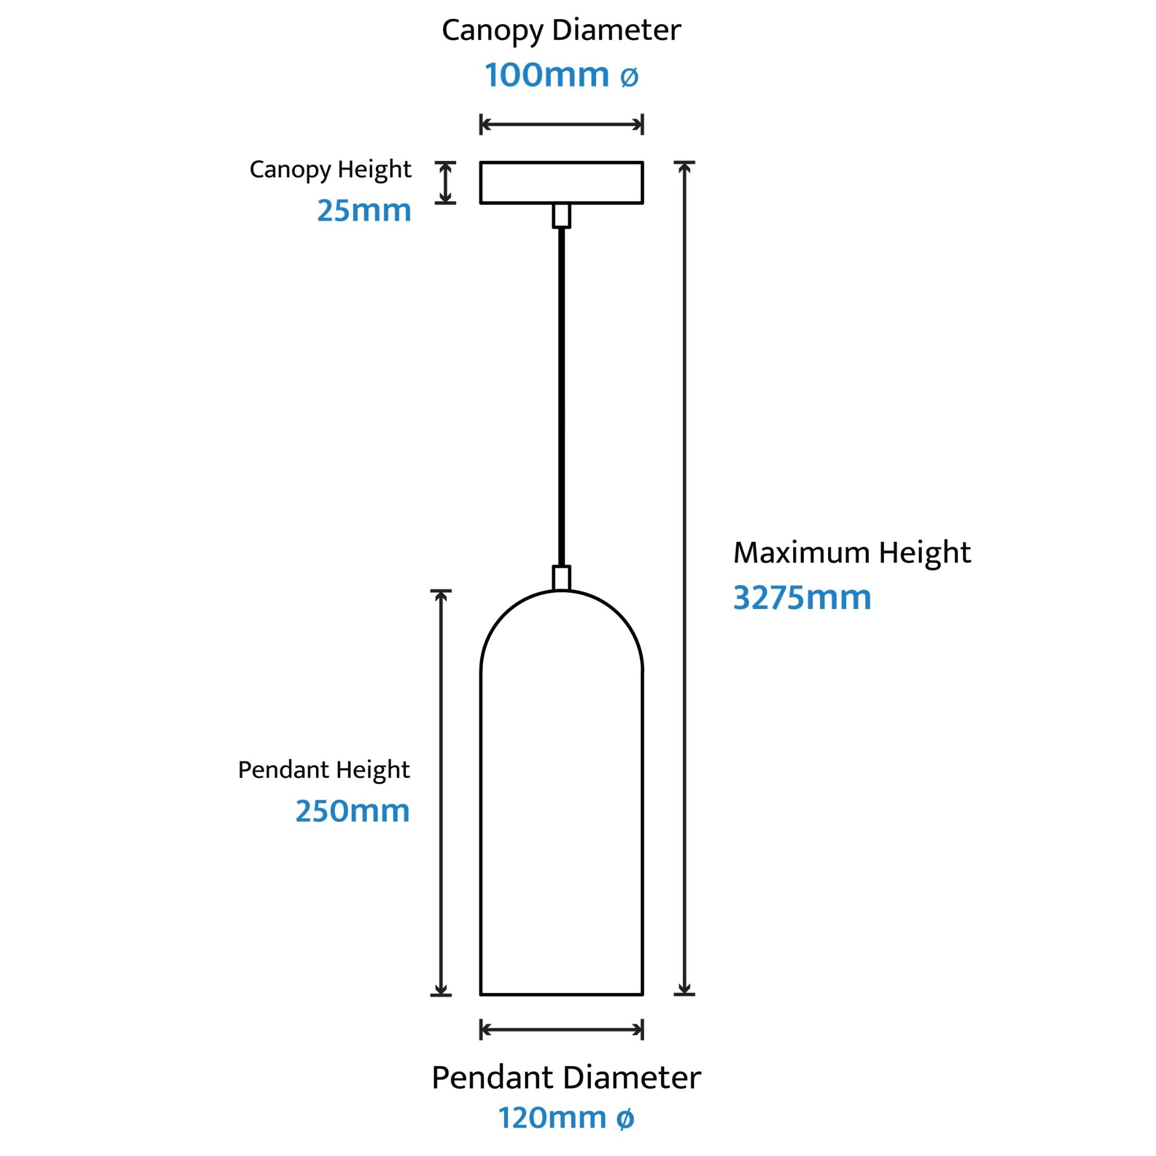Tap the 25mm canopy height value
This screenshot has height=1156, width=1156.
click(365, 211)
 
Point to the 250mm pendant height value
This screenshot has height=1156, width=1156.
click(352, 811)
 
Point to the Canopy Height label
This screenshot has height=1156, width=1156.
click(330, 170)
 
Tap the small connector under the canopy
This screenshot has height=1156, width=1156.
click(561, 216)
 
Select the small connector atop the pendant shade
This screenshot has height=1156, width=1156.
click(561, 578)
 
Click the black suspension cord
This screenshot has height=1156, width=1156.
click(561, 397)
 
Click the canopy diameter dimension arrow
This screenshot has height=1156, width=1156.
click(561, 124)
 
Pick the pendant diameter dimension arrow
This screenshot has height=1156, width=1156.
click(561, 1030)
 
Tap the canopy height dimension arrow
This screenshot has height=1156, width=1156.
click(445, 182)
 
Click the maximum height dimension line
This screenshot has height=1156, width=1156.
click(685, 578)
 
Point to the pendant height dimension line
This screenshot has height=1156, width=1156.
click(441, 793)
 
